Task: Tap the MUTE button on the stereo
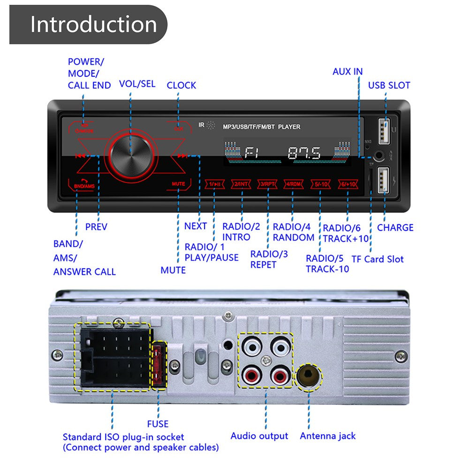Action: click(x=178, y=184)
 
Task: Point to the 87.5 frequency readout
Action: click(x=304, y=153)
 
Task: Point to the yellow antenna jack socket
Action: click(x=309, y=377)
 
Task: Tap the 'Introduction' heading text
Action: click(x=93, y=24)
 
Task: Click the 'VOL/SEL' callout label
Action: click(x=137, y=83)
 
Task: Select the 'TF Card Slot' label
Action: click(x=377, y=259)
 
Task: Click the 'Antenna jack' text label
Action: click(x=328, y=436)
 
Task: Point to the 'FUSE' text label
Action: click(x=158, y=424)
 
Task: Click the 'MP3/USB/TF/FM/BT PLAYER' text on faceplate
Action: click(x=261, y=127)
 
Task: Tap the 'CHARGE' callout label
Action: click(x=395, y=227)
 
